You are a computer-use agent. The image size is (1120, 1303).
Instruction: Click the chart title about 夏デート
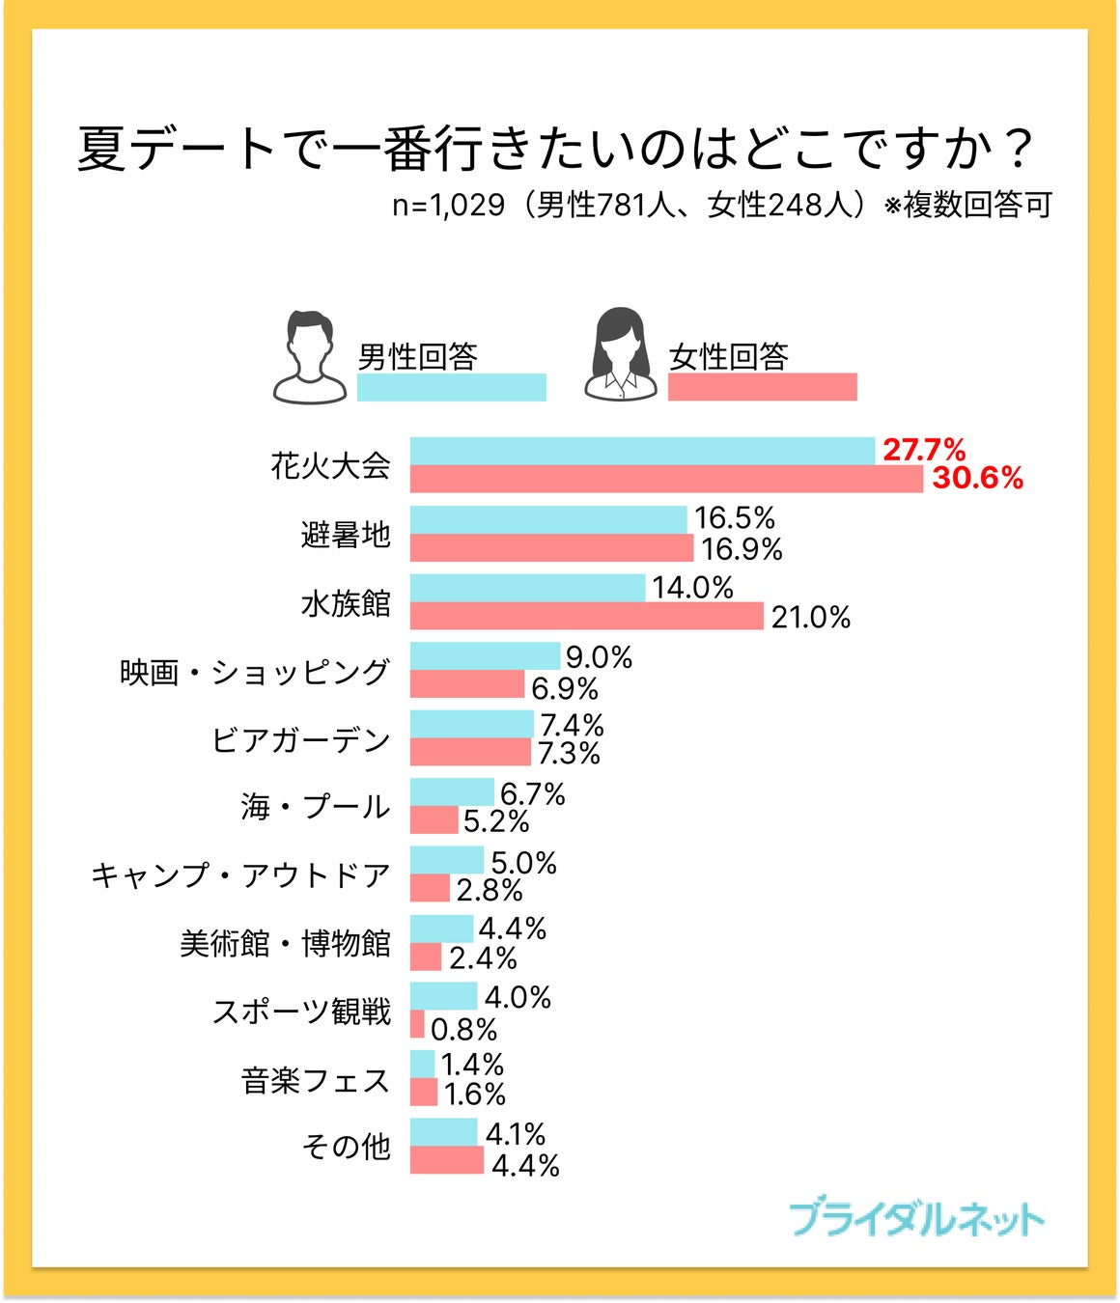(556, 149)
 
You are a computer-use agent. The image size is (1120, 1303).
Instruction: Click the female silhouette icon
(620, 355)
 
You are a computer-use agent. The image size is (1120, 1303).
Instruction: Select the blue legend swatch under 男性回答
(451, 387)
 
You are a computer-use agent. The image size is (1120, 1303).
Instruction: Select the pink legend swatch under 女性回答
(762, 387)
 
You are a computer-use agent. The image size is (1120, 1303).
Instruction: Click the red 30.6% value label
(977, 478)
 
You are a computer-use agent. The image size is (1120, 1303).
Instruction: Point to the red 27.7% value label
(923, 449)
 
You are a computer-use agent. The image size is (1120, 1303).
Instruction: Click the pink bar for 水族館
(586, 616)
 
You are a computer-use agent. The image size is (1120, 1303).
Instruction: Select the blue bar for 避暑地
(547, 519)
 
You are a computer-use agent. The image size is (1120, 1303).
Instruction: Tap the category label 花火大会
(330, 465)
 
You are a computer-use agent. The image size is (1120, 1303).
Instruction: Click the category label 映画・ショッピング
(255, 671)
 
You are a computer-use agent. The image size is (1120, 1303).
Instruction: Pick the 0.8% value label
(463, 1029)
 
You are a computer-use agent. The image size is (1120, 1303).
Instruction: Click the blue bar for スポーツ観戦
(443, 996)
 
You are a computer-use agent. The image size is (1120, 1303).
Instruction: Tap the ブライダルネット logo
(915, 1219)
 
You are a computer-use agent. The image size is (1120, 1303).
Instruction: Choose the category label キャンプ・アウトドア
(240, 875)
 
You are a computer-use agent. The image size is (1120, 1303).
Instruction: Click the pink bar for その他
(446, 1160)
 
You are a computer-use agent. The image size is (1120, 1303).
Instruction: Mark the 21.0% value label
(810, 617)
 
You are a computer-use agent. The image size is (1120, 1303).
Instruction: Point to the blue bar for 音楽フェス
(422, 1064)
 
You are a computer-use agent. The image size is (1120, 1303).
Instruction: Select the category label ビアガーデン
(300, 739)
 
